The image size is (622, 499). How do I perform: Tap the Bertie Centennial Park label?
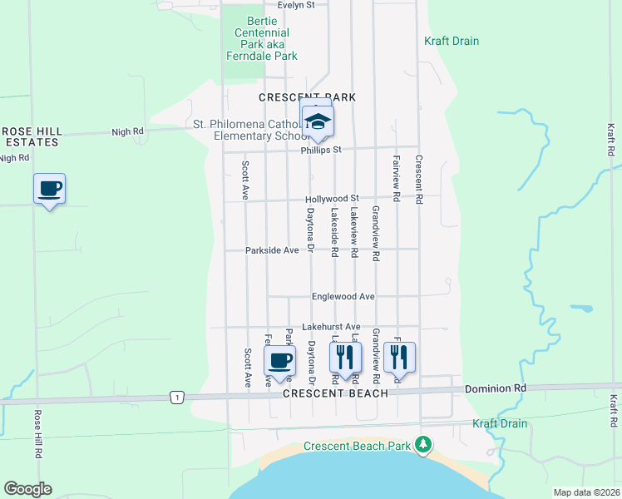pos(262,38)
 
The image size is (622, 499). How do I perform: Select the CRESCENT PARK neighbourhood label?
pos(307,97)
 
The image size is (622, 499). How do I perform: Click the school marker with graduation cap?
pos(317,121)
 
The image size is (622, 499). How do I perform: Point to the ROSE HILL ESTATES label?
pos(30,136)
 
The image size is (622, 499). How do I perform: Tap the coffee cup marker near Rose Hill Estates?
pos(49,189)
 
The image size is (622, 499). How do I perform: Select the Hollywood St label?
pos(331,200)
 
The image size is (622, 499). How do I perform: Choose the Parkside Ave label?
pos(271,250)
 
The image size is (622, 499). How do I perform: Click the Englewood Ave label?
pos(343,296)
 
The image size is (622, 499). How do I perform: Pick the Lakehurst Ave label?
pos(330,327)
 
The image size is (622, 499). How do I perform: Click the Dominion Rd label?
pos(496,388)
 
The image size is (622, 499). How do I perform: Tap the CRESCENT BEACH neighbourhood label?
pos(334,393)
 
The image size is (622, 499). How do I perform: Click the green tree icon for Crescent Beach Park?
pos(424,446)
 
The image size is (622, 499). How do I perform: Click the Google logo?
pos(27,489)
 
